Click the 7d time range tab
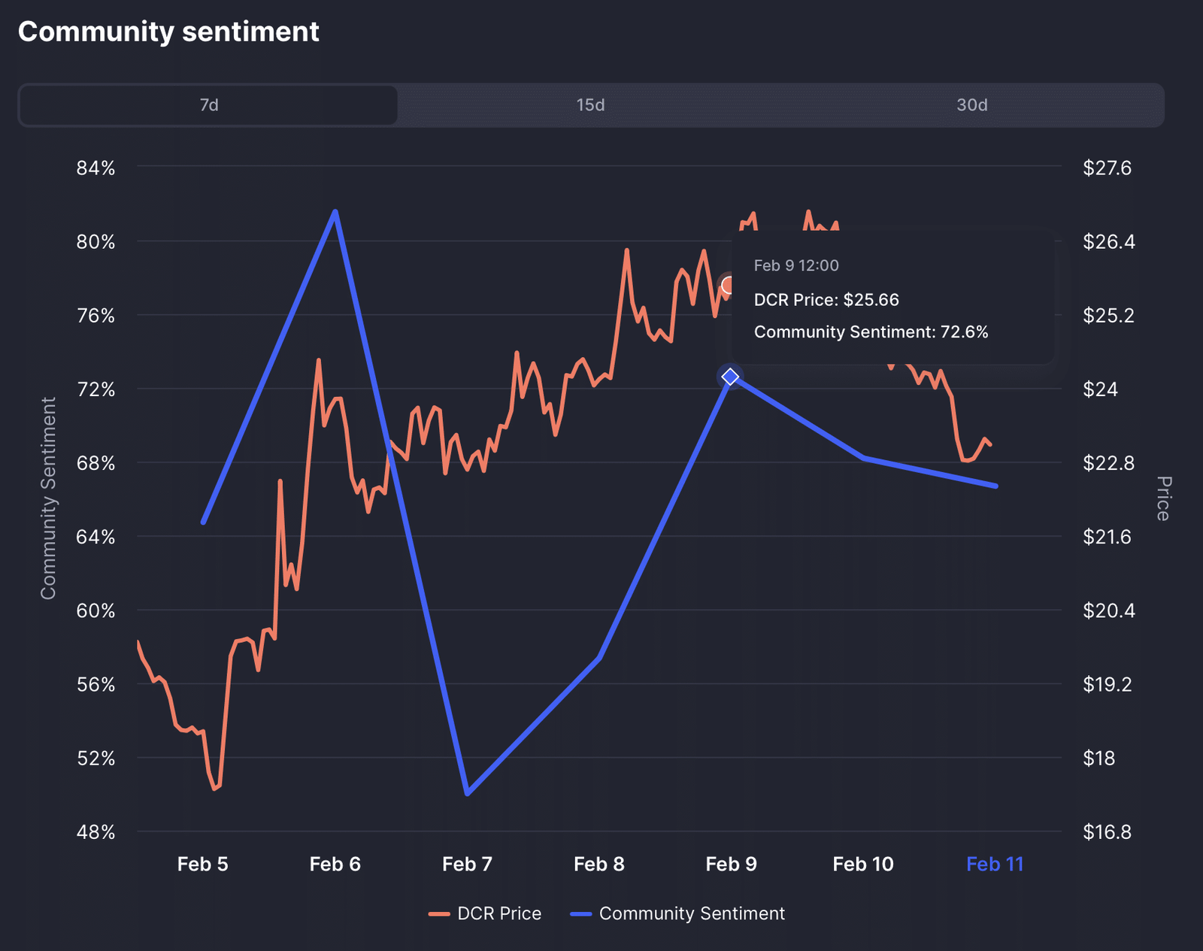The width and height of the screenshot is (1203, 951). point(208,105)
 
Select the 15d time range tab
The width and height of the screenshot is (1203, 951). point(590,105)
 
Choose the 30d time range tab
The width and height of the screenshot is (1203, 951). point(971,105)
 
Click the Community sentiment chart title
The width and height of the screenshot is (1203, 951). point(168,32)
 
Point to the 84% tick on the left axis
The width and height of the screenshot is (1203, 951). point(95,168)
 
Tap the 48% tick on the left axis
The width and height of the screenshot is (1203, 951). point(95,832)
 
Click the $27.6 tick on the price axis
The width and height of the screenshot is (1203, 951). point(1107,168)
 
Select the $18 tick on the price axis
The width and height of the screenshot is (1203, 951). point(1098,759)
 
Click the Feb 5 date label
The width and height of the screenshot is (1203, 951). point(202,865)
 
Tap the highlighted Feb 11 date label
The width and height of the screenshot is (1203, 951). point(995,865)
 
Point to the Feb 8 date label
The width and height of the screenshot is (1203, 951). point(598,865)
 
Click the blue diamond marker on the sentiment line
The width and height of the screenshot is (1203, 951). point(730,376)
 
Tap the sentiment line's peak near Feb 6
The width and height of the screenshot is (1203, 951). point(335,212)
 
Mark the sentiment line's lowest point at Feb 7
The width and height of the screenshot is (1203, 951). point(468,793)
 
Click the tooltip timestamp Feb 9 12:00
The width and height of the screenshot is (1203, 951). point(796,265)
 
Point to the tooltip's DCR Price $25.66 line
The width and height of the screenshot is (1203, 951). point(826,300)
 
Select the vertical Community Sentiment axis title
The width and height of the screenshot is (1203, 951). point(49,498)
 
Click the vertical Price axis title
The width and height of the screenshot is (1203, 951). point(1162,498)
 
